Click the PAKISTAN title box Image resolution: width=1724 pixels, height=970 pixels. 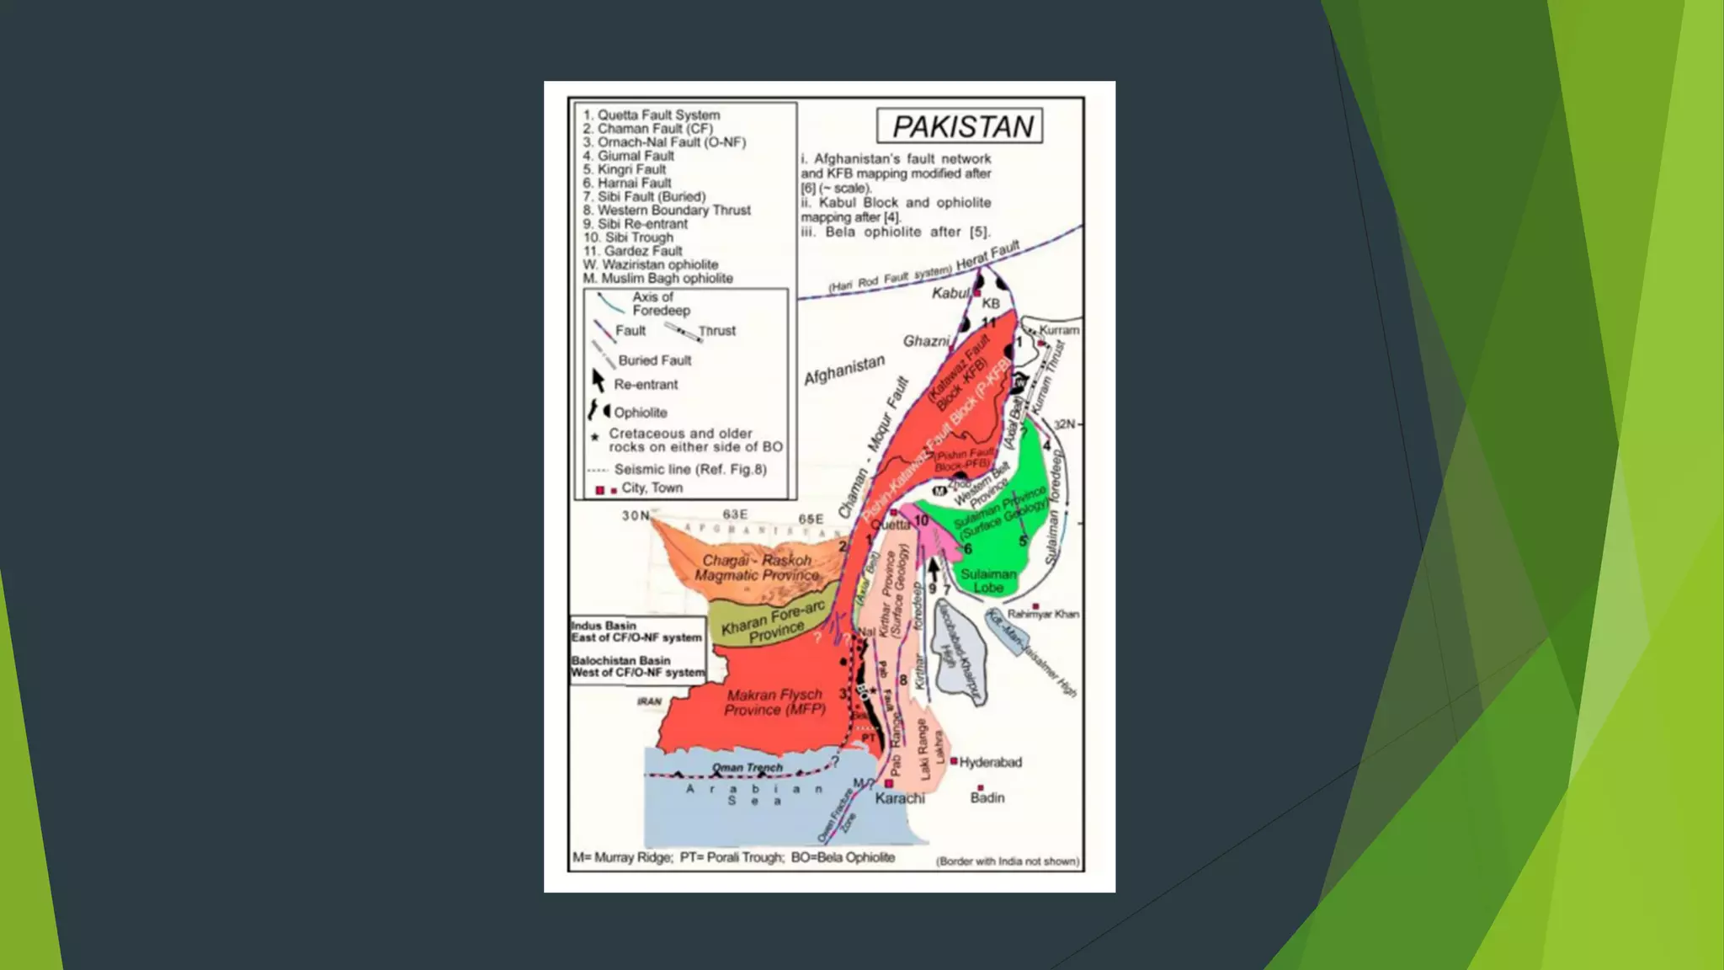tap(960, 126)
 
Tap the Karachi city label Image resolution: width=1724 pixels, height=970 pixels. tap(899, 798)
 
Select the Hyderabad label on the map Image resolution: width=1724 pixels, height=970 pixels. tap(990, 763)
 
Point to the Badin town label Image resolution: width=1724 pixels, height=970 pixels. tap(987, 798)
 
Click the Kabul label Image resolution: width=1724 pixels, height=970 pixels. tap(950, 293)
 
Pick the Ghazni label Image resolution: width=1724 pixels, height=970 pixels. tap(926, 341)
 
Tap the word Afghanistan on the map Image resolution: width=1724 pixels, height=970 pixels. tap(844, 370)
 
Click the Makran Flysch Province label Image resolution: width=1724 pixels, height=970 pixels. tap(774, 702)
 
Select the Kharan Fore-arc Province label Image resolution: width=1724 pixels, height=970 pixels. tap(773, 622)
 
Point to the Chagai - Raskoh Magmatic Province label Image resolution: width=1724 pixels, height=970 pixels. tap(757, 568)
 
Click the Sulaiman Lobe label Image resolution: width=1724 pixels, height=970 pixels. tap(988, 581)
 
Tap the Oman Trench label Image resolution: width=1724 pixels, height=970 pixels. tap(747, 768)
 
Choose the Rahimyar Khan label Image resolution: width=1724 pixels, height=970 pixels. tap(1043, 614)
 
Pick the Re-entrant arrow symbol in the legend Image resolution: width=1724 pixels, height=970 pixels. tap(599, 381)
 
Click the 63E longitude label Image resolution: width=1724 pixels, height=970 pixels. tap(735, 514)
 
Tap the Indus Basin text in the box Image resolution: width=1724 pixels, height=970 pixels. tap(604, 626)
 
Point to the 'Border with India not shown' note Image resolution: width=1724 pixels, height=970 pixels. tap(1007, 861)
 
